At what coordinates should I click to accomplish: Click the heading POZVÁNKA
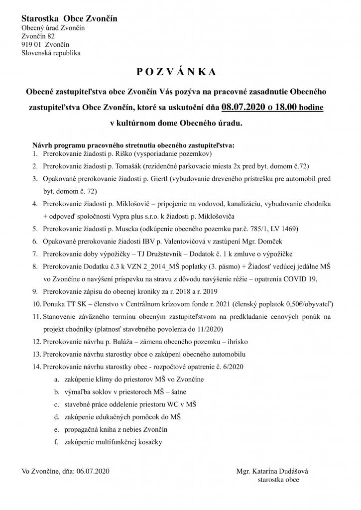[176, 72]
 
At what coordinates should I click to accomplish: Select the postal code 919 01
[31, 44]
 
